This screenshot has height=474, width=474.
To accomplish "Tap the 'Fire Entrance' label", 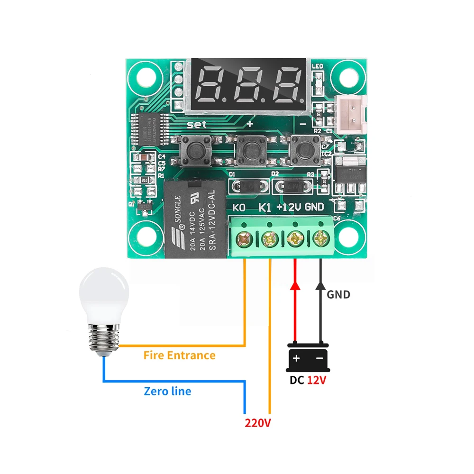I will (179, 355).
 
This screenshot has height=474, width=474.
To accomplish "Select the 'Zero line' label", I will (167, 391).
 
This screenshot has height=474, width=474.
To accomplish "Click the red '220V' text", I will (258, 422).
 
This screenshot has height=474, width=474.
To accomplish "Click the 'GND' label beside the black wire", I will (338, 294).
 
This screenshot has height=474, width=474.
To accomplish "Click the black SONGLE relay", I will (195, 219).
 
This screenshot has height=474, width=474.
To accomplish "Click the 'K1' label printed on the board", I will (265, 207).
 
